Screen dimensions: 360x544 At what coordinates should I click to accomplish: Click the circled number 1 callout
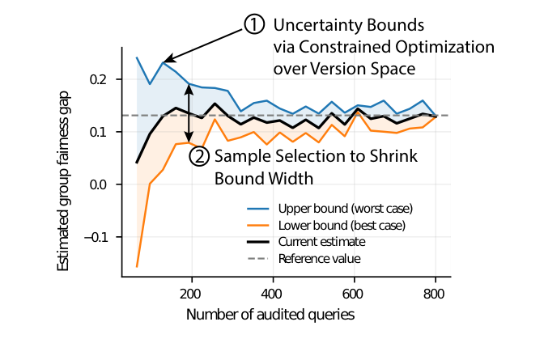coord(254,25)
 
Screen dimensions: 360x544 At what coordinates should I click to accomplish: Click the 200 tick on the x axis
coord(191,293)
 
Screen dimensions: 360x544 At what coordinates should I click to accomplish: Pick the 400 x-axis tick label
coord(272,293)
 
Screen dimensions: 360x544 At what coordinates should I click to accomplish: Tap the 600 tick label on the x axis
coord(354,293)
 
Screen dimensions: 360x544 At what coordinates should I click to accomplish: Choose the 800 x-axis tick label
coord(435,293)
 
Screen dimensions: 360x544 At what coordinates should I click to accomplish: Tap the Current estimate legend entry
coord(321,241)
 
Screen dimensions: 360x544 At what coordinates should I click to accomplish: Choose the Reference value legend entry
coord(319,259)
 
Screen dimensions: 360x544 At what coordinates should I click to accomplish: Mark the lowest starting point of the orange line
coord(137,266)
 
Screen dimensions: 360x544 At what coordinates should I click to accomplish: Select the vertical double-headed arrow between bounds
coord(189,113)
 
